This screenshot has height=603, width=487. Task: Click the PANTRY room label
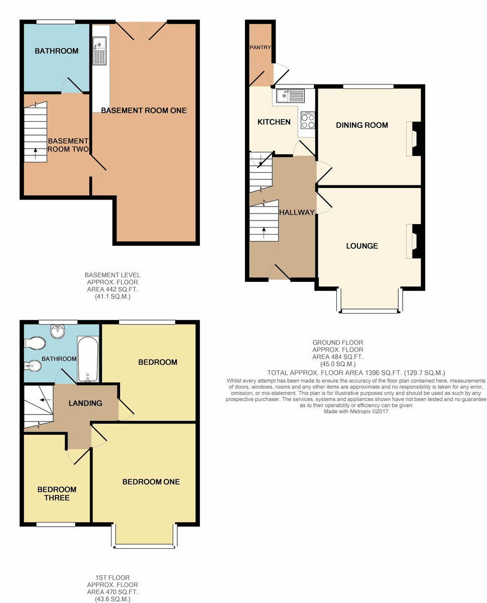260,48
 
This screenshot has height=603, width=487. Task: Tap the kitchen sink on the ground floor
291,95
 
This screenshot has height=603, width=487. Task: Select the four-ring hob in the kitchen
308,120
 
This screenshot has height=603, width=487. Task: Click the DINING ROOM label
361,125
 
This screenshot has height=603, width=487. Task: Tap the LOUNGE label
361,246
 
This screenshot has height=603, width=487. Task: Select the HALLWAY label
297,213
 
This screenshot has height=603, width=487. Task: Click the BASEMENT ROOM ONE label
144,111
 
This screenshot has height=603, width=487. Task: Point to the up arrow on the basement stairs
35,153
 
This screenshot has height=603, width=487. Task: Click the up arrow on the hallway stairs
264,233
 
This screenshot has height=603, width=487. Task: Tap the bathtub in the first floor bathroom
88,359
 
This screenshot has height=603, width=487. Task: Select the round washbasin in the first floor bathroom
58,330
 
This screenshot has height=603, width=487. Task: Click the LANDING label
85,403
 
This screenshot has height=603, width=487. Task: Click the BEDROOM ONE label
151,482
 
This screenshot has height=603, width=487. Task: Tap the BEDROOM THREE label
57,494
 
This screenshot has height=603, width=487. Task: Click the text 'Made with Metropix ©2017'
356,412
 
